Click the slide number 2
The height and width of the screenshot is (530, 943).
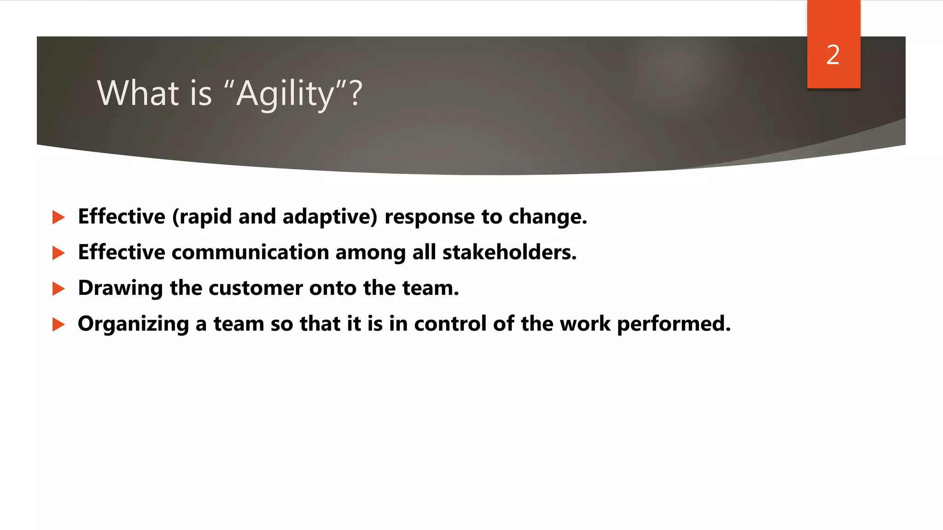(x=833, y=55)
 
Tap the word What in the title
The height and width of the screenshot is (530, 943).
(x=138, y=93)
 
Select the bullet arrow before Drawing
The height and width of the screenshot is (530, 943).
(x=58, y=288)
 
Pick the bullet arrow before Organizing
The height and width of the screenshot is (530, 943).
(x=58, y=324)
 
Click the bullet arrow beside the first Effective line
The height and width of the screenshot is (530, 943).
(x=58, y=217)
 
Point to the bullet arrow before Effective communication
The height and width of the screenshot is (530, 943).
(x=58, y=253)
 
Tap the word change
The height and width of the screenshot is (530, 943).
(x=547, y=217)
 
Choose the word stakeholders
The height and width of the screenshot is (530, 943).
(x=509, y=252)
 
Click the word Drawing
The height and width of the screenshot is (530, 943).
(x=120, y=288)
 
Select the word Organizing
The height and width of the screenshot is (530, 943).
(x=133, y=324)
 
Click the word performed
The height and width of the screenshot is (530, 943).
(x=673, y=324)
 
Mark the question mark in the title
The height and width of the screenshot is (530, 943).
(x=356, y=93)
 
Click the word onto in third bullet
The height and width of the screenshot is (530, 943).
(x=332, y=288)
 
